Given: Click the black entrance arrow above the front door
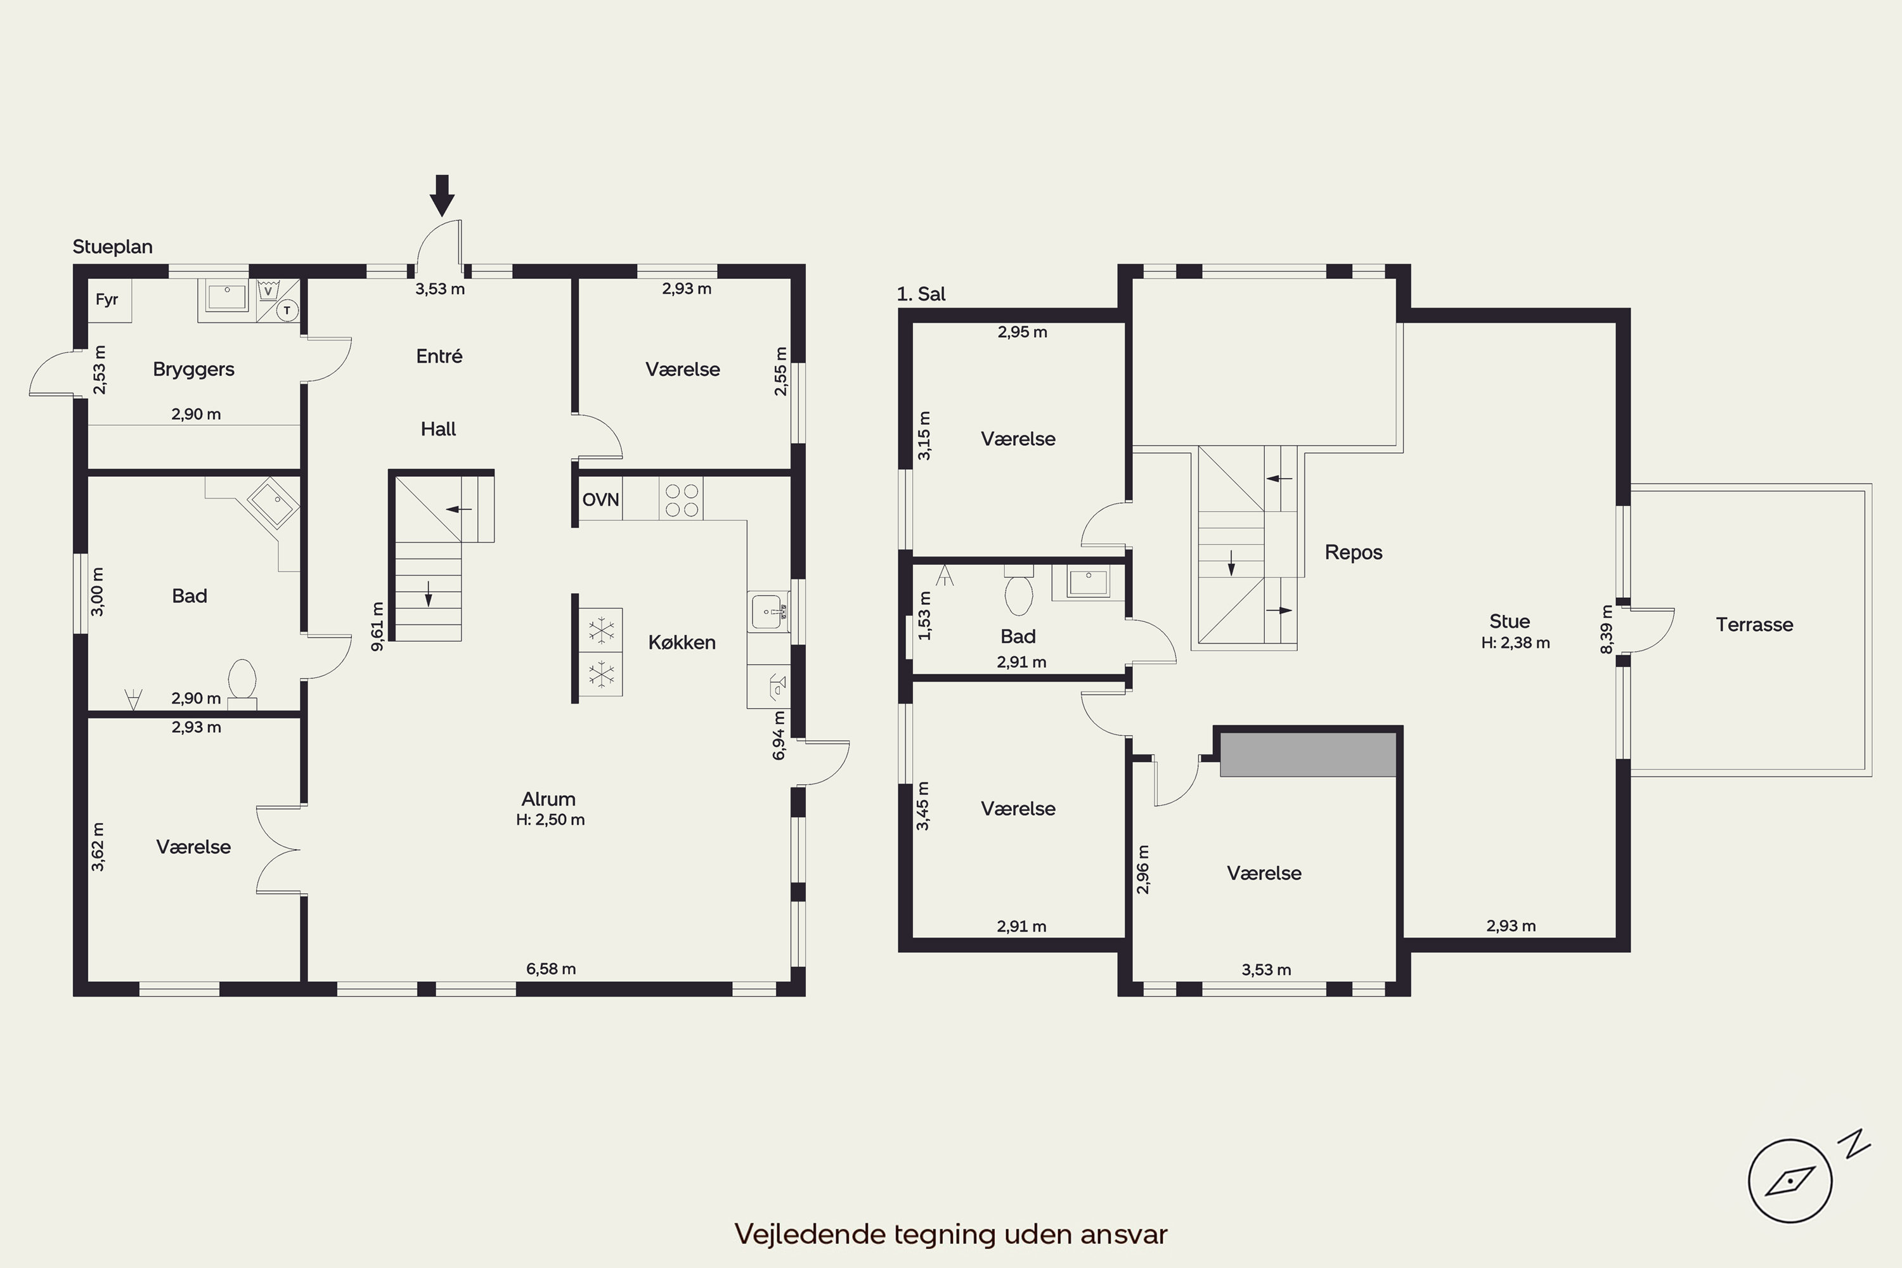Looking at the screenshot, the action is (441, 195).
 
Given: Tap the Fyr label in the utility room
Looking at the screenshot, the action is (107, 299).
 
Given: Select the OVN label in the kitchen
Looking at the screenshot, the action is (601, 500).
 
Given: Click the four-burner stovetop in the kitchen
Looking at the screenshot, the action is (681, 499).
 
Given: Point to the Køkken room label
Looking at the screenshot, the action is (682, 642).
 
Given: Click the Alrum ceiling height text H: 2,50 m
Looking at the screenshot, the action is (550, 819).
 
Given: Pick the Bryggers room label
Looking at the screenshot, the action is (193, 369).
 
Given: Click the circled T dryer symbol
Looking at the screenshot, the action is (287, 310).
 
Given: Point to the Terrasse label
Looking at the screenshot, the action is (1754, 624).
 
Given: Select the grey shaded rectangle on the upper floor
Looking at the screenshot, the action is (1307, 754).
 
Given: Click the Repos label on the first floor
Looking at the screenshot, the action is (1353, 552).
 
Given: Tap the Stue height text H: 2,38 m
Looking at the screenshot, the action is (1515, 643).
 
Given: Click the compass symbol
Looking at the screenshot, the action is (1790, 1181).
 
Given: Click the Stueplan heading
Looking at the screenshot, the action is (112, 247).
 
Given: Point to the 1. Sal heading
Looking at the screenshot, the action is (921, 294).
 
